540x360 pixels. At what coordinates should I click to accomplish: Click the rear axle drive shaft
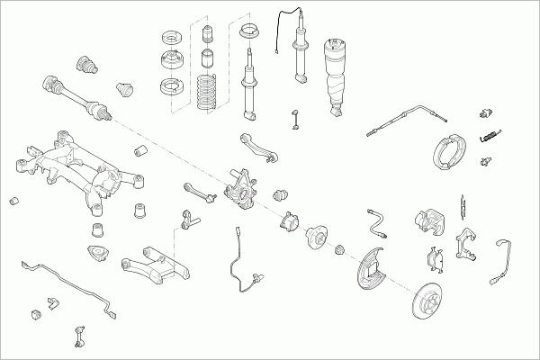tap(76, 95)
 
